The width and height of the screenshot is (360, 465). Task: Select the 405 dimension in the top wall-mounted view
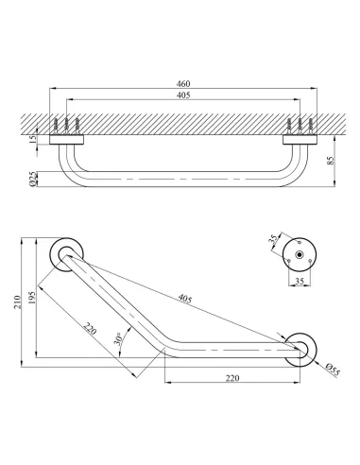pyautogui.click(x=182, y=95)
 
